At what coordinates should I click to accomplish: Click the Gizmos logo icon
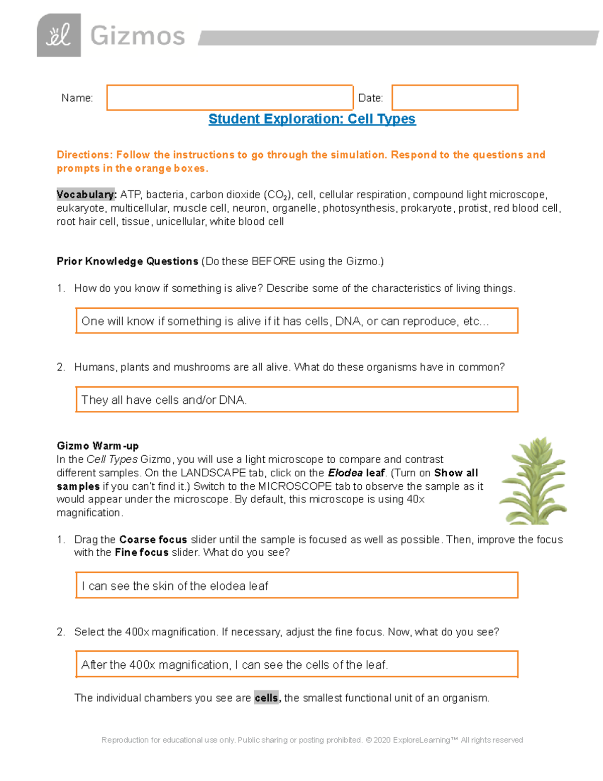pyautogui.click(x=59, y=35)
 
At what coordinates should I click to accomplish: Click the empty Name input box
pyautogui.click(x=230, y=98)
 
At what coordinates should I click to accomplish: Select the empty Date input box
pyautogui.click(x=454, y=98)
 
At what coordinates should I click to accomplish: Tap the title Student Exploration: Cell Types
pyautogui.click(x=312, y=119)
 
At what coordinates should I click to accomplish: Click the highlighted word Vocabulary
pyautogui.click(x=86, y=195)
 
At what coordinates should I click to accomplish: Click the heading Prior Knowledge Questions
pyautogui.click(x=127, y=262)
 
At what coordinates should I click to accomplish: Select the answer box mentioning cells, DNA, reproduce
pyautogui.click(x=296, y=321)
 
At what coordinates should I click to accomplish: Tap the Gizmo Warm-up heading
pyautogui.click(x=97, y=446)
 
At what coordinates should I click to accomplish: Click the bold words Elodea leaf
pyautogui.click(x=356, y=473)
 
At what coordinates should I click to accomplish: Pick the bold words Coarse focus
pyautogui.click(x=153, y=540)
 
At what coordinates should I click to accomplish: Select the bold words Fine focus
pyautogui.click(x=141, y=553)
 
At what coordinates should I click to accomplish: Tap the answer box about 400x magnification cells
pyautogui.click(x=296, y=665)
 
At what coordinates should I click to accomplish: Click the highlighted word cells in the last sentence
pyautogui.click(x=266, y=698)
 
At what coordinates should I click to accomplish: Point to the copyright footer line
pyautogui.click(x=312, y=740)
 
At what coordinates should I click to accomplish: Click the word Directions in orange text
pyautogui.click(x=83, y=155)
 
